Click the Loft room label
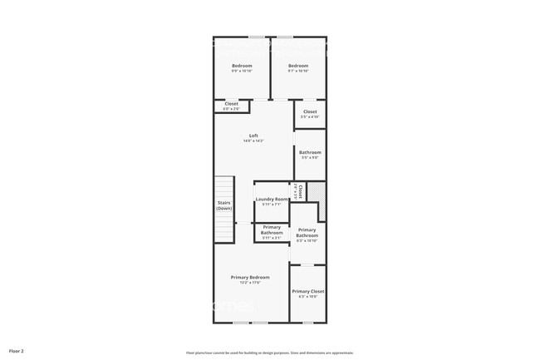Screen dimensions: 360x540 [253, 136]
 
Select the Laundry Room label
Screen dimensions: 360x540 [272, 199]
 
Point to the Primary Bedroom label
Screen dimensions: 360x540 [250, 277]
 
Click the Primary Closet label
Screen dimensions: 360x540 [307, 291]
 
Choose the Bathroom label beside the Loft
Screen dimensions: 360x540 [310, 152]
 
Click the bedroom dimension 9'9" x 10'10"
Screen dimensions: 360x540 [242, 72]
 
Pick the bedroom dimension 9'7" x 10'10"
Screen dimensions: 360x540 [298, 72]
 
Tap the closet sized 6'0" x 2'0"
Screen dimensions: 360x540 [231, 109]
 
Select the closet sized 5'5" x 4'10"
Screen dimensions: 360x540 [310, 117]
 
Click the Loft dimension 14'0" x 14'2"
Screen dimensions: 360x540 [253, 141]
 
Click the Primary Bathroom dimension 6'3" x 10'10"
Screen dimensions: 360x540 [307, 241]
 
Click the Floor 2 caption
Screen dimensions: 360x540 [17, 351]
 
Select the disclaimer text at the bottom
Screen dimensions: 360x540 [269, 352]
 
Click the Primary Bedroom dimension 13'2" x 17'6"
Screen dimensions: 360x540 [250, 283]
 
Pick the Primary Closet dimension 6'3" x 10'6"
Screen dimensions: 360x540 [307, 297]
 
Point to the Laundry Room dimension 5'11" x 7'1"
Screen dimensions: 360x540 [272, 205]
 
